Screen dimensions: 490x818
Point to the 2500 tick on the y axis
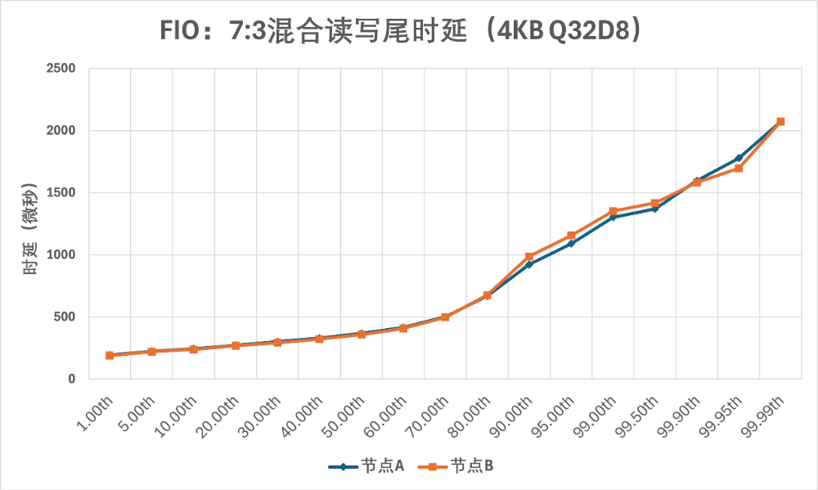point(61,69)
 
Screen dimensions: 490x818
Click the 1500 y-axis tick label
point(61,193)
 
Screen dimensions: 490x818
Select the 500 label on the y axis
point(65,317)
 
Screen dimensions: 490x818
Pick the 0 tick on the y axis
point(72,380)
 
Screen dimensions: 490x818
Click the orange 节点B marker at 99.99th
point(780,121)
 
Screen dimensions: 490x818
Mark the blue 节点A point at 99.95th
point(739,158)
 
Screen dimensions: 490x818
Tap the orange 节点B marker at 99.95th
point(739,169)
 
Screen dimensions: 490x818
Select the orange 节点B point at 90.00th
point(529,257)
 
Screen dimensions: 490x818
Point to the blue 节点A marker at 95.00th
point(571,244)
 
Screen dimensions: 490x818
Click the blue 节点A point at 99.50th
point(654,209)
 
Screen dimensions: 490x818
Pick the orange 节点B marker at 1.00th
point(110,356)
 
